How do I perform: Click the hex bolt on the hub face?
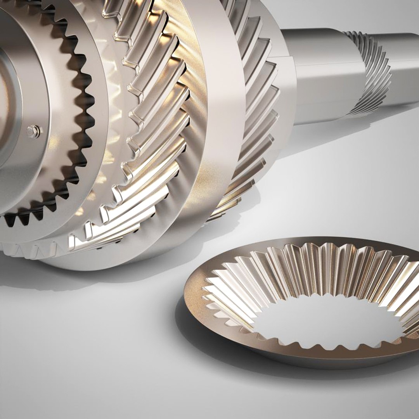pos(34,132)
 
